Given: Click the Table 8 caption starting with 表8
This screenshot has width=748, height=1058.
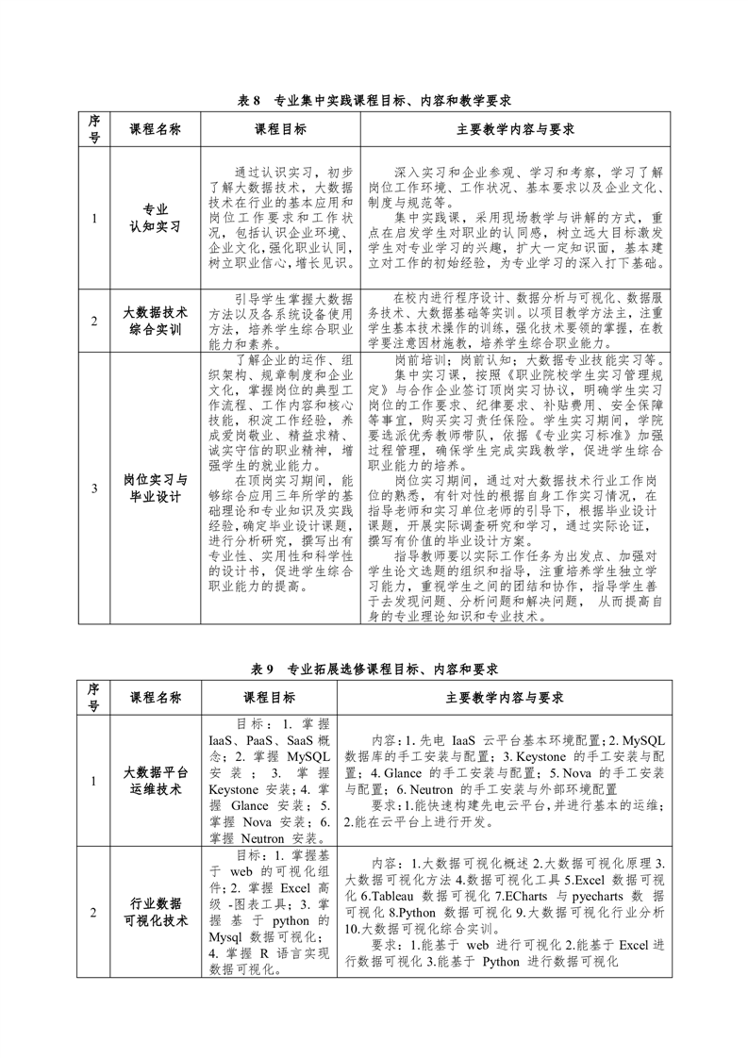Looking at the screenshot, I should tap(374, 99).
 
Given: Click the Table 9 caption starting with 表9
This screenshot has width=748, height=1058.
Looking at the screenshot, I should tap(374, 669).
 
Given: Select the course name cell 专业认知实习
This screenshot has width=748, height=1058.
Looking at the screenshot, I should tap(155, 218).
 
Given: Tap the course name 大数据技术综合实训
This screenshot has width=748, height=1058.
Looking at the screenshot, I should tap(155, 321).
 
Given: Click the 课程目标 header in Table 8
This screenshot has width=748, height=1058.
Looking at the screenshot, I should tap(279, 129).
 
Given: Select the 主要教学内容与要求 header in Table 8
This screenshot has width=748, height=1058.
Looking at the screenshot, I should tap(515, 129).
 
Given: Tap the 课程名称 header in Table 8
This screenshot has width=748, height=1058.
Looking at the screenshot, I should tap(155, 129).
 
